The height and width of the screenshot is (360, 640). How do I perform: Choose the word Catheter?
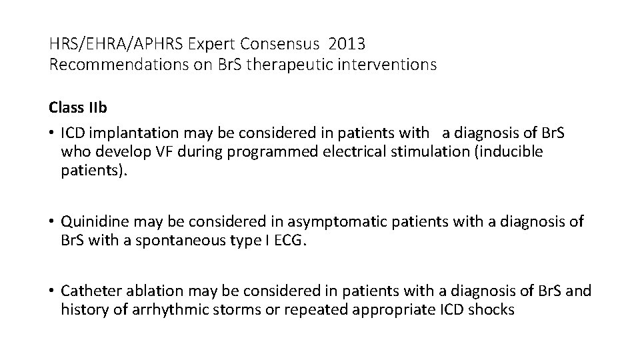[87, 291]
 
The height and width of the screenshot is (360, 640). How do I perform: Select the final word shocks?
[493, 309]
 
